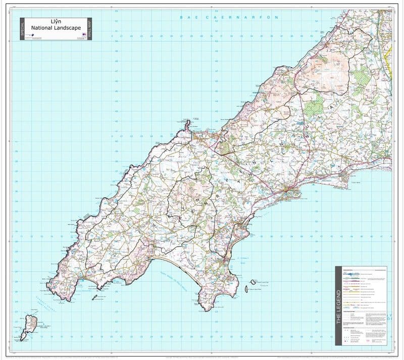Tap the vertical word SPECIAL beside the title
click(x=22, y=29)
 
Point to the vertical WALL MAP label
click(x=89, y=29)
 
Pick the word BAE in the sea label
click(x=188, y=18)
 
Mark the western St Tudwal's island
click(x=246, y=289)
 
